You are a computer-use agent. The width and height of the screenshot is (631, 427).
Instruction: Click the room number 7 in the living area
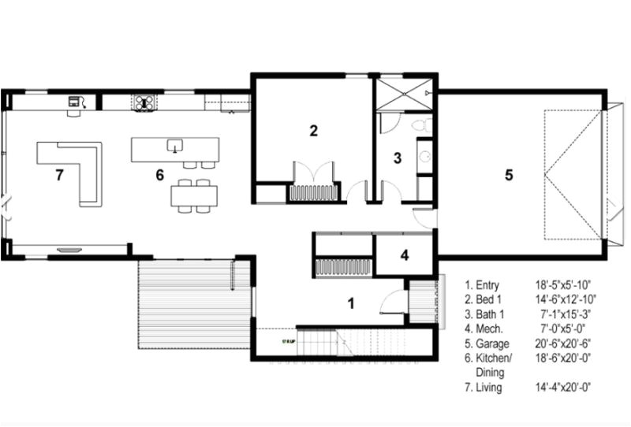(x=59, y=175)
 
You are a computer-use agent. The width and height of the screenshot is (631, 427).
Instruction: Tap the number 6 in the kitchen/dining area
(x=159, y=175)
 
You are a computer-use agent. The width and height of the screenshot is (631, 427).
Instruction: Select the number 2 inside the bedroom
(x=313, y=131)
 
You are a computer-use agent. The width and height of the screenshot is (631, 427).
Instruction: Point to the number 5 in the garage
(x=509, y=175)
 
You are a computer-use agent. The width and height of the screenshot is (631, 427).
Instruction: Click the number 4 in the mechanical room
(x=404, y=255)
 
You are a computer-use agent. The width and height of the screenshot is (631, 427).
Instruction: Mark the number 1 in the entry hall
(x=353, y=301)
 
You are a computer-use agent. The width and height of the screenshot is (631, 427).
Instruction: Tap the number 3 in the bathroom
(x=398, y=158)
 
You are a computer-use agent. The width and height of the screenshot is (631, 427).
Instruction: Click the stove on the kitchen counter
(x=144, y=101)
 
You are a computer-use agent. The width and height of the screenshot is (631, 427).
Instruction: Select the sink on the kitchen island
(x=174, y=145)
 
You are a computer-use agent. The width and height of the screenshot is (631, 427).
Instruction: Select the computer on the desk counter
(x=76, y=101)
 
